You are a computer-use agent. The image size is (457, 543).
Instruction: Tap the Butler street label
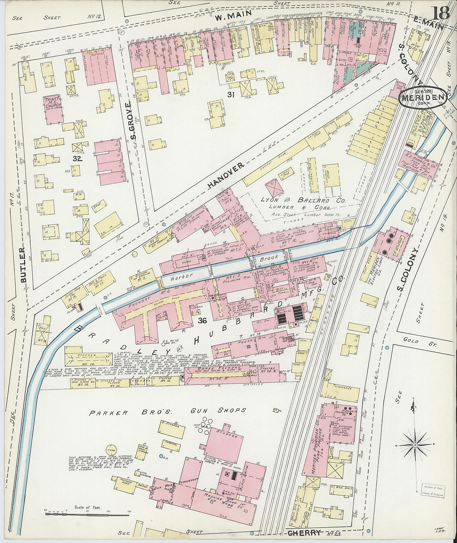(x=23, y=265)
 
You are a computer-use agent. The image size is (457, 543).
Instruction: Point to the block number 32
(x=78, y=159)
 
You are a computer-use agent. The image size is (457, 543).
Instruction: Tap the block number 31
(x=231, y=95)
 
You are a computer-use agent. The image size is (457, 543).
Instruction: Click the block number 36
(x=202, y=320)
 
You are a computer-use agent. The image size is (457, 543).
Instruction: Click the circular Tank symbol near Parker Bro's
(x=111, y=450)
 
